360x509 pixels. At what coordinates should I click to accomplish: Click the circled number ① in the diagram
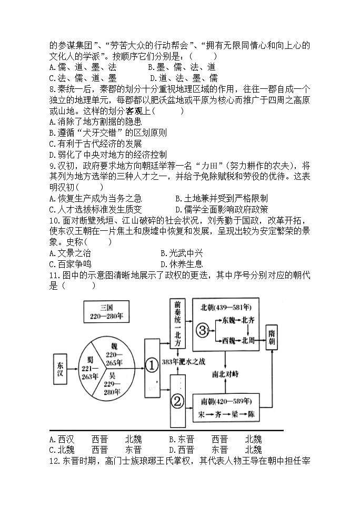[x=152, y=364]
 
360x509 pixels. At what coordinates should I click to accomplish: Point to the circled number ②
[x=177, y=402]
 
